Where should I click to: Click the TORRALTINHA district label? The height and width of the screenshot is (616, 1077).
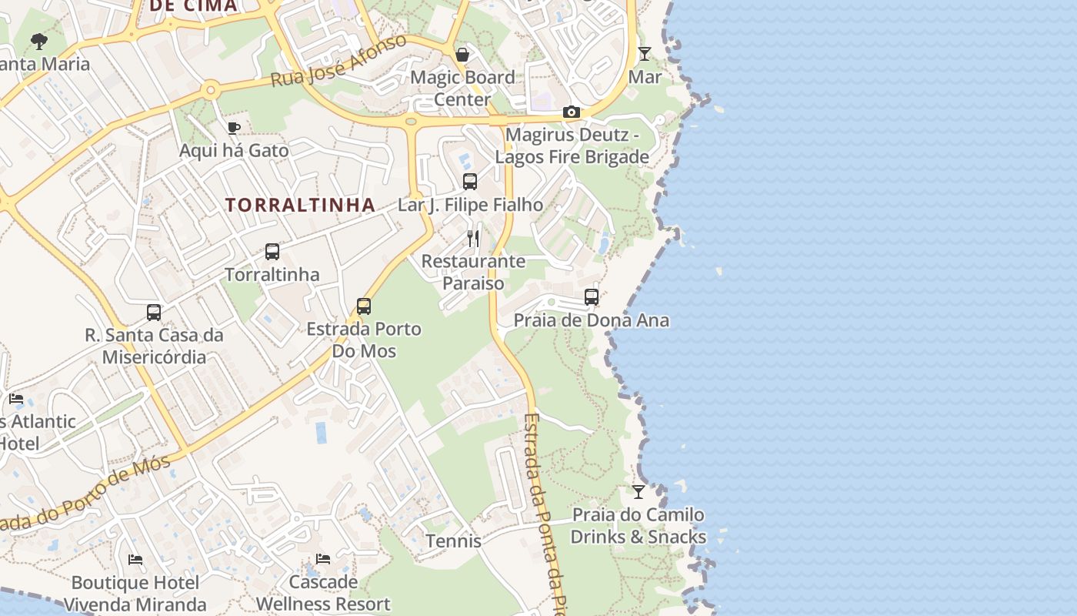pos(300,205)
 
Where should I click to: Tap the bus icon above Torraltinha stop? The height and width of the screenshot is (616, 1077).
pos(272,251)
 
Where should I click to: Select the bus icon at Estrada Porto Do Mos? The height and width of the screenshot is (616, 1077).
pos(364,306)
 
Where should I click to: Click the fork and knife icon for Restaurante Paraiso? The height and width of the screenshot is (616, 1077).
pos(473,238)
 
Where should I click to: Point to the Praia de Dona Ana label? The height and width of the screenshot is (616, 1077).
pos(591,320)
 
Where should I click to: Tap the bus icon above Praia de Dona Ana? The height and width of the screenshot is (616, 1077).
pos(591,296)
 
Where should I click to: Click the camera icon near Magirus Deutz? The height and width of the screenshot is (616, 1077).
pos(571,112)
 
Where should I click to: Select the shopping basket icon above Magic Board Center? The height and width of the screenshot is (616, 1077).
pos(462,55)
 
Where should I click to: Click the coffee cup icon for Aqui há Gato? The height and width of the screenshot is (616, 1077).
pos(234,128)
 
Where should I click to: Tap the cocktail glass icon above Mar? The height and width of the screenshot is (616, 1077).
pos(645,54)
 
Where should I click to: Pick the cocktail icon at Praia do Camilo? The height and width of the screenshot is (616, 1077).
pos(639,491)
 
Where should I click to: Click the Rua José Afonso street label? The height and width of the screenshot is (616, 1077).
pos(338,61)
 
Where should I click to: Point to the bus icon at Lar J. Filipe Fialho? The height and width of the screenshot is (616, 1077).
pos(469,182)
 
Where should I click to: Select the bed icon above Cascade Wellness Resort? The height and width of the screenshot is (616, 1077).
pos(323,558)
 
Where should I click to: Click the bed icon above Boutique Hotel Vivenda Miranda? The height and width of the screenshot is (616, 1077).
pos(135,559)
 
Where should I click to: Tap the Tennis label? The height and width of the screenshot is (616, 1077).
pos(454,541)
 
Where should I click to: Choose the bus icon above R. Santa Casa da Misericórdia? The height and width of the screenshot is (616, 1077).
pos(154,312)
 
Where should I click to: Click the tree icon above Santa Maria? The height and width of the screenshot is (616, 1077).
pos(39,41)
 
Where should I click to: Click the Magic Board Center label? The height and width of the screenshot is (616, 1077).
pos(462,88)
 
